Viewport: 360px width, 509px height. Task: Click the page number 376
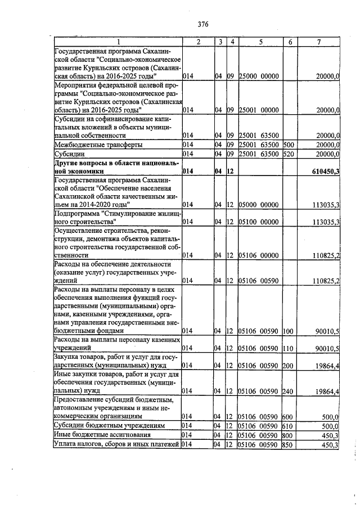[203, 24]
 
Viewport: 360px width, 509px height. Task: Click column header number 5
[261, 43]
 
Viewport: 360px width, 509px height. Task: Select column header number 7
[319, 43]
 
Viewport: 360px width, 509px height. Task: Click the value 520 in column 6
[289, 154]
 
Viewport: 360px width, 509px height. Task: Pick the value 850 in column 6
[289, 445]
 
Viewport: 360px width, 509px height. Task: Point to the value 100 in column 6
[289, 332]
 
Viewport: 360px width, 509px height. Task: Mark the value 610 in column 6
[289, 426]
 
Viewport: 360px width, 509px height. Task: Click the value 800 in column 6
[289, 435]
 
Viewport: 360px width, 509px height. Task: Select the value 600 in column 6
[289, 416]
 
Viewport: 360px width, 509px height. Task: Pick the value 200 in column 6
[289, 366]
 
